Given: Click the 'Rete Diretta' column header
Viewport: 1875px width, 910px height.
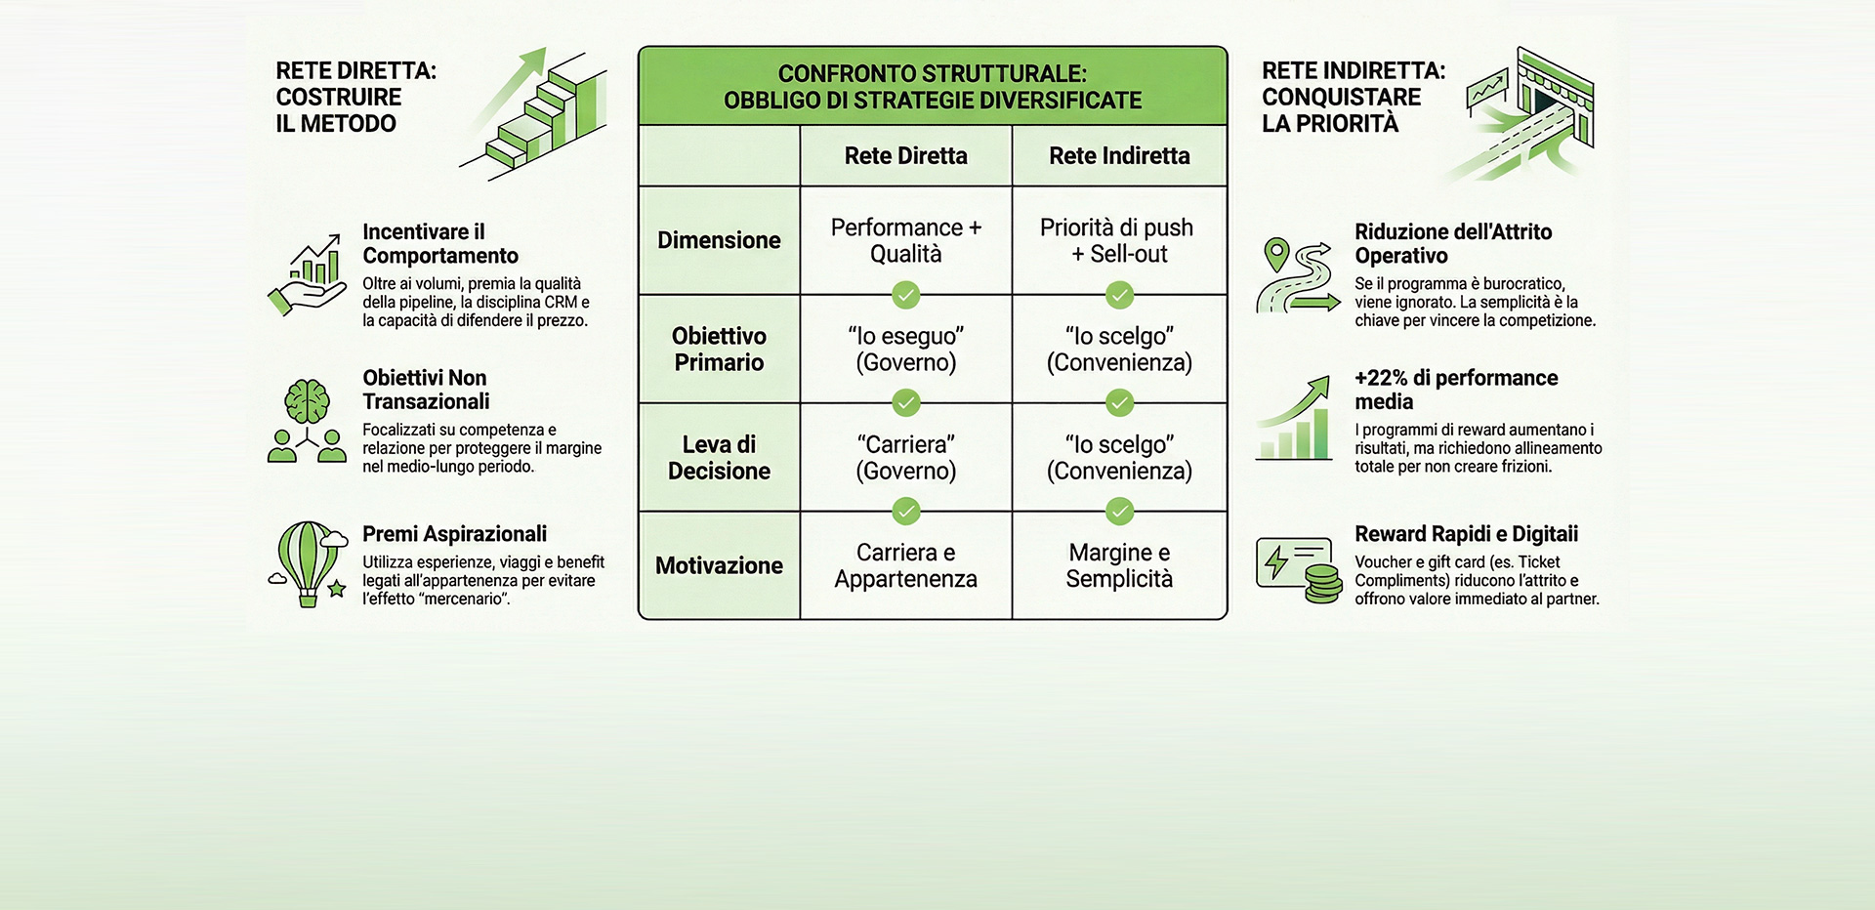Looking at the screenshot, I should point(905,156).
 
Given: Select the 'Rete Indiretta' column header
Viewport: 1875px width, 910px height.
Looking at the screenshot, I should point(1119,156).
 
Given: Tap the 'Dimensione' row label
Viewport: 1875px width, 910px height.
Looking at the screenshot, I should point(719,240).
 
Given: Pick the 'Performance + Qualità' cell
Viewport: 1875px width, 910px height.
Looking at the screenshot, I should point(905,240).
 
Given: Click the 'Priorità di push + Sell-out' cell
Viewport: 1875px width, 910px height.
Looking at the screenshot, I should point(1119,240).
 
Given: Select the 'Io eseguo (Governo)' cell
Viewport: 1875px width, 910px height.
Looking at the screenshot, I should point(905,350).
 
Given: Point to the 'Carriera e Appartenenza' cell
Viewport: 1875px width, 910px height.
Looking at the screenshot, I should point(905,565).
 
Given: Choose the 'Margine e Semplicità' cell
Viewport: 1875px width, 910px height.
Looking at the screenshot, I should point(1119,565).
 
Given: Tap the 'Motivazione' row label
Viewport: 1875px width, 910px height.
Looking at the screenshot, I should point(719,565).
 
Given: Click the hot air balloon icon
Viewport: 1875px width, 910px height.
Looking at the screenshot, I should point(308,563).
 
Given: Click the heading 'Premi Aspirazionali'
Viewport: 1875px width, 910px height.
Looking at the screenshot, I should point(454,534).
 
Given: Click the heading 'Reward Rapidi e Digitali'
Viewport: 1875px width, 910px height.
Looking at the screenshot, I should point(1466,534).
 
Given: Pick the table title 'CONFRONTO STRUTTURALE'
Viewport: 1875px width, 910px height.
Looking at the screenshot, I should point(932,74).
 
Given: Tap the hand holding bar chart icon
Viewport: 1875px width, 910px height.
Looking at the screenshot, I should point(308,275).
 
